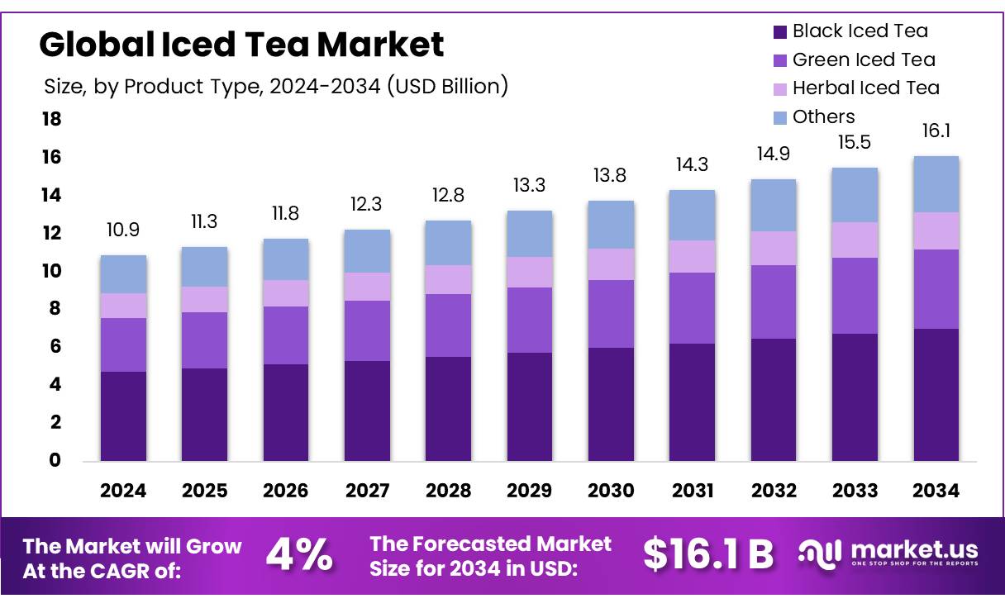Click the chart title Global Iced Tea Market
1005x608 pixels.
241,44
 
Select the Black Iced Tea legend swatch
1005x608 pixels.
779,32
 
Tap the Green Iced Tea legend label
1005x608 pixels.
864,59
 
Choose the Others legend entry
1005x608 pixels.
823,116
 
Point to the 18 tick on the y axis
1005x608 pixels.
51,120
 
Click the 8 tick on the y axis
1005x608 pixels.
55,309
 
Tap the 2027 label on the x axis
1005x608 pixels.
367,491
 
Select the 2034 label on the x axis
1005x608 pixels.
936,491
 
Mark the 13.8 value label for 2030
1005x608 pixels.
611,175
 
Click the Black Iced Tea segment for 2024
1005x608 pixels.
123,416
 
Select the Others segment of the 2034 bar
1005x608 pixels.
936,184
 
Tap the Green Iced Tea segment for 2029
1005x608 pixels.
530,320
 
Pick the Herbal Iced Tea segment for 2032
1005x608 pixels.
774,248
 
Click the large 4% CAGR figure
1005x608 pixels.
299,556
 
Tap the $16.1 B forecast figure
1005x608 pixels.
707,556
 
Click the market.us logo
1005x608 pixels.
888,553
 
